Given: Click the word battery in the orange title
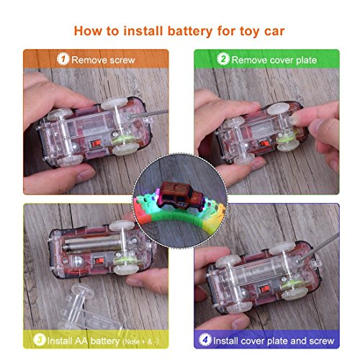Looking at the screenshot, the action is (190, 32).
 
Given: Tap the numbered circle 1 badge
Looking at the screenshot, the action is (63, 59).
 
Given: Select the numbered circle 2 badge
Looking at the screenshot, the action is (223, 59).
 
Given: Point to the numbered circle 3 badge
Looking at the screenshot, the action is (40, 340).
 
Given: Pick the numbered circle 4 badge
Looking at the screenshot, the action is (205, 340).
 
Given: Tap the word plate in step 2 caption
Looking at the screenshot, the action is (306, 60).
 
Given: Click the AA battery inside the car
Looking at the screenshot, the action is (91, 244).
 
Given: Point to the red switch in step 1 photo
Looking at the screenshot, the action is (96, 144).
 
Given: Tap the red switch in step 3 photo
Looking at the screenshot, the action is (99, 261).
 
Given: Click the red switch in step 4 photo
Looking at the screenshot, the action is (265, 289).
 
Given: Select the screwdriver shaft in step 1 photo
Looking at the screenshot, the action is (148, 114).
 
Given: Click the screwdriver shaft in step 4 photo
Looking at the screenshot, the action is (319, 247).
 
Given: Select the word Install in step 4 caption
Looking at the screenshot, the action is (226, 341).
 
